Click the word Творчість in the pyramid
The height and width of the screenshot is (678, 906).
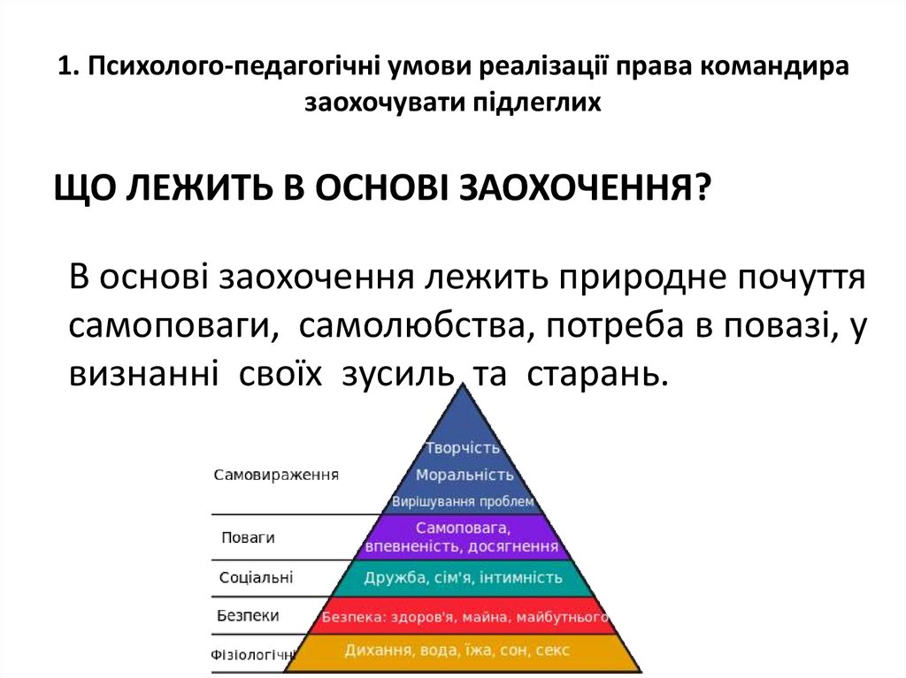tap(457, 447)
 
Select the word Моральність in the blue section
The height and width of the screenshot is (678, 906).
tap(458, 475)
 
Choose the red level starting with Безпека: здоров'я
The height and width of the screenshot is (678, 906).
tap(465, 615)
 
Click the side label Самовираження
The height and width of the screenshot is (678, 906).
tap(277, 475)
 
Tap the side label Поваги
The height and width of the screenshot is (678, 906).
tap(248, 537)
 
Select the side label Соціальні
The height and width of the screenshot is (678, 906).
tap(256, 578)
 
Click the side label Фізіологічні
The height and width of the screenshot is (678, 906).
tap(252, 655)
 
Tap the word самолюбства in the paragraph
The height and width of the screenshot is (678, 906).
tap(415, 327)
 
